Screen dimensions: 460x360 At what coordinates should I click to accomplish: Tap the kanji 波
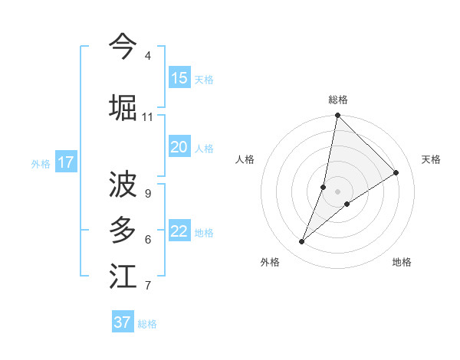(x=123, y=185)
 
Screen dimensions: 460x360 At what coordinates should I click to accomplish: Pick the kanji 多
(x=123, y=229)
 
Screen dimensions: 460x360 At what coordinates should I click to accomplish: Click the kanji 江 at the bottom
(x=123, y=276)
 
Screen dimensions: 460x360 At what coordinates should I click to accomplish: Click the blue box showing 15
(x=179, y=78)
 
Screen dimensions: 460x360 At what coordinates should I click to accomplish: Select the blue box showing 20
(x=179, y=147)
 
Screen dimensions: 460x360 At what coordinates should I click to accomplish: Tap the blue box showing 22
(x=179, y=231)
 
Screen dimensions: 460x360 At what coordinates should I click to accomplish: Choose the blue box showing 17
(x=66, y=162)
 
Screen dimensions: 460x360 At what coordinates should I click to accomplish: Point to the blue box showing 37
(x=123, y=322)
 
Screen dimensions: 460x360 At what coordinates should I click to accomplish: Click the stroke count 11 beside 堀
(x=147, y=117)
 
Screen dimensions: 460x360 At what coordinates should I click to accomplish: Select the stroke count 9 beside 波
(x=147, y=194)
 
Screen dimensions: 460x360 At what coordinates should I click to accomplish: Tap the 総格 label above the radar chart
(x=338, y=100)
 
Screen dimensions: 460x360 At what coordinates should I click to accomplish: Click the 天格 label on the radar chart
(x=431, y=159)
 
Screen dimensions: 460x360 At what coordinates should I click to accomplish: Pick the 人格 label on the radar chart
(x=245, y=159)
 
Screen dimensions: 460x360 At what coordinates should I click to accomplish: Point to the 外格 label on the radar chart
(x=270, y=262)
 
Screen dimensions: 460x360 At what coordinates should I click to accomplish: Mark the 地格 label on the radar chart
(x=402, y=262)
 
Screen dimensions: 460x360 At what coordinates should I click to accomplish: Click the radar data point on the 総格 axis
(x=337, y=116)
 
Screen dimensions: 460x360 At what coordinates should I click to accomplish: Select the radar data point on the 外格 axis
(x=302, y=241)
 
